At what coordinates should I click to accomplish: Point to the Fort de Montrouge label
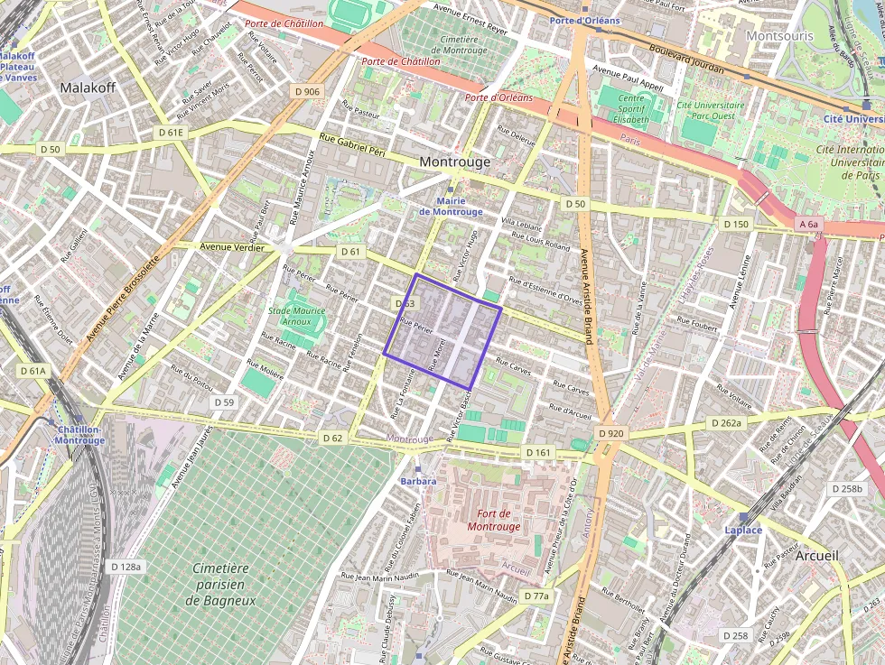pos(494,520)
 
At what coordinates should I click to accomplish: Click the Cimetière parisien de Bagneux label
pos(221,584)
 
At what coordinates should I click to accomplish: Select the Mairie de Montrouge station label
pos(451,206)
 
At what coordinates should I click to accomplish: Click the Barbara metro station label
pos(418,481)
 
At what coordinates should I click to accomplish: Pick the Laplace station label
pos(743,530)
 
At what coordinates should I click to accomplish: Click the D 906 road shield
pos(307,91)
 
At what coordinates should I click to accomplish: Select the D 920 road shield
pos(610,434)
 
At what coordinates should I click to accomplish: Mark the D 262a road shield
pos(726,423)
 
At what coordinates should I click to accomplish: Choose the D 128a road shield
pos(126,566)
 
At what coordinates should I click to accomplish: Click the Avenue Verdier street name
pos(232,247)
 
